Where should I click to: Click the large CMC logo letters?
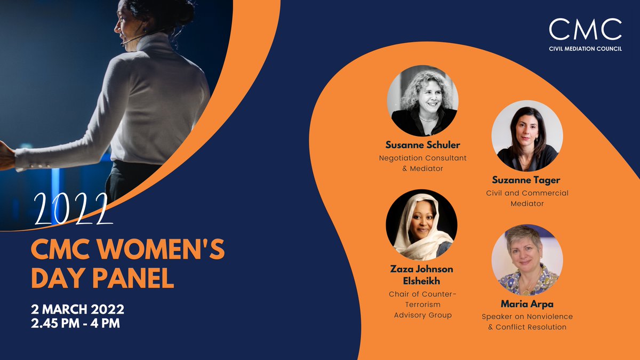(585, 29)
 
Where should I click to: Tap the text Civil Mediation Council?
(585, 49)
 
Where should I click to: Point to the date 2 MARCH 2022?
(78, 309)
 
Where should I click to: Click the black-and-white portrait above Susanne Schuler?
(422, 101)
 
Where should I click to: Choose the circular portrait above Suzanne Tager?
(527, 136)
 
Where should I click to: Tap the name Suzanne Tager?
(526, 181)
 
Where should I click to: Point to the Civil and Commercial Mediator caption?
(526, 198)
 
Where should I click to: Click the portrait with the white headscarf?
(421, 225)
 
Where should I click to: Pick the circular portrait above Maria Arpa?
(526, 260)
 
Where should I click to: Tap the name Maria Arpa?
(527, 305)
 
